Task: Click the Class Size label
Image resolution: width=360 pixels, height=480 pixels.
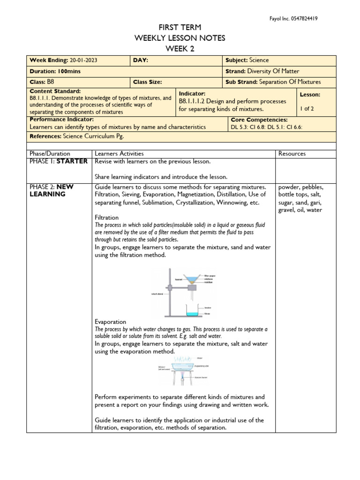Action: (x=148, y=82)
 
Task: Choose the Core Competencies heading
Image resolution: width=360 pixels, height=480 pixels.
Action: (x=259, y=120)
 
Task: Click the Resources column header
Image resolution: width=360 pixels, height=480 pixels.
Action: (x=292, y=153)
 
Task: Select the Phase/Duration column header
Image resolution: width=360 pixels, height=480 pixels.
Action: (x=50, y=153)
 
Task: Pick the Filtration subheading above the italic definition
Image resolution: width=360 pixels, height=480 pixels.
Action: (x=106, y=217)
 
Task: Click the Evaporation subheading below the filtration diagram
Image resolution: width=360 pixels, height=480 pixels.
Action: (x=110, y=322)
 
